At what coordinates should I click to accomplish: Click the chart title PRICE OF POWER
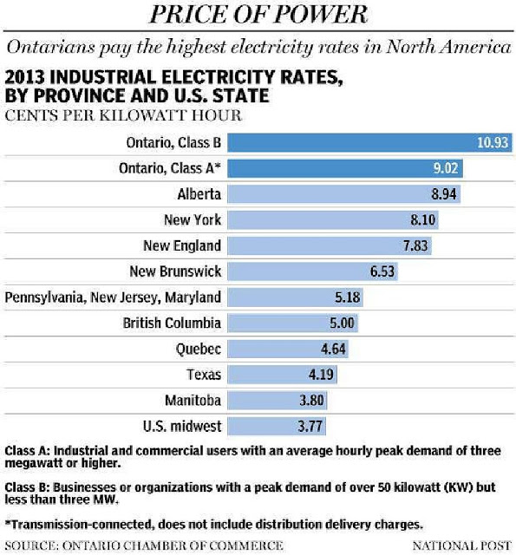coord(258,15)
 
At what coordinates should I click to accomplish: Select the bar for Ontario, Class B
coord(369,142)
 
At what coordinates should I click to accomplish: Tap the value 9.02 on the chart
coord(446,168)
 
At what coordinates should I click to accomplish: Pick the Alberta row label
coord(199,194)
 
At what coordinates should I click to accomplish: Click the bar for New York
coord(333,219)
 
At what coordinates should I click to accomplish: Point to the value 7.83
coord(415,245)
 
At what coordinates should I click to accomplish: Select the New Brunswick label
coord(175,271)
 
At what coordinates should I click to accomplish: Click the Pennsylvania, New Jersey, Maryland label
coord(113,297)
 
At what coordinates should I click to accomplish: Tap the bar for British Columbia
coord(292,323)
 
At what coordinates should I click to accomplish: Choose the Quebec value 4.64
coord(333,349)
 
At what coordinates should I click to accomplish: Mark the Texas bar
coord(282,375)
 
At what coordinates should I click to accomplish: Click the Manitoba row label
coord(193,401)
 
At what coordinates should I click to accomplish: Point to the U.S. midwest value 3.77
coord(310,426)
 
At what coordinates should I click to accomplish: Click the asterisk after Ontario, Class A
coord(218,166)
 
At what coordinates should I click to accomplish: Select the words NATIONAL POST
coord(462,545)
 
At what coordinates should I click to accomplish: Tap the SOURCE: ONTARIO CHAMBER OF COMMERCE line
coord(144,545)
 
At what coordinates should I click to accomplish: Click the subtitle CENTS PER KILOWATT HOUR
coord(123,115)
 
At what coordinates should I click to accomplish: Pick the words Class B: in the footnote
coord(27,487)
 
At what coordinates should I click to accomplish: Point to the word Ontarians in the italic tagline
coord(51,47)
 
